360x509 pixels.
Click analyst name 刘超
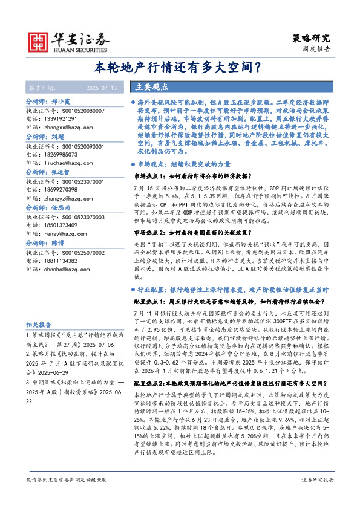coord(58,137)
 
